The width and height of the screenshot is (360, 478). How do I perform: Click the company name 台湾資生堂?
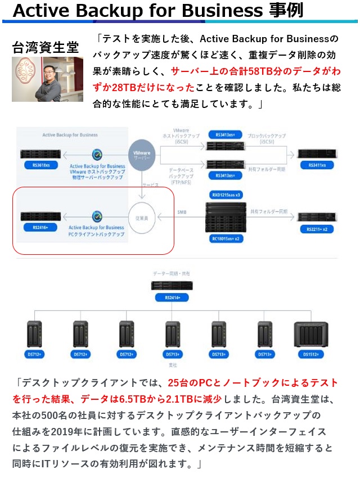tap(46, 47)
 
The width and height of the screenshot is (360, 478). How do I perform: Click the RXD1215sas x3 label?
tap(226, 195)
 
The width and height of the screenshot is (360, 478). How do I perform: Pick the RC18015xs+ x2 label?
tap(226, 238)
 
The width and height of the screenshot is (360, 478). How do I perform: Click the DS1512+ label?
tap(310, 355)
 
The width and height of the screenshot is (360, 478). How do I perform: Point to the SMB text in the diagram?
tap(182, 211)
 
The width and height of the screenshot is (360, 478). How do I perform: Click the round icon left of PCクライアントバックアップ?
tap(97, 215)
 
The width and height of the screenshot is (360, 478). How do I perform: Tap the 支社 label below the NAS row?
tap(173, 365)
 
